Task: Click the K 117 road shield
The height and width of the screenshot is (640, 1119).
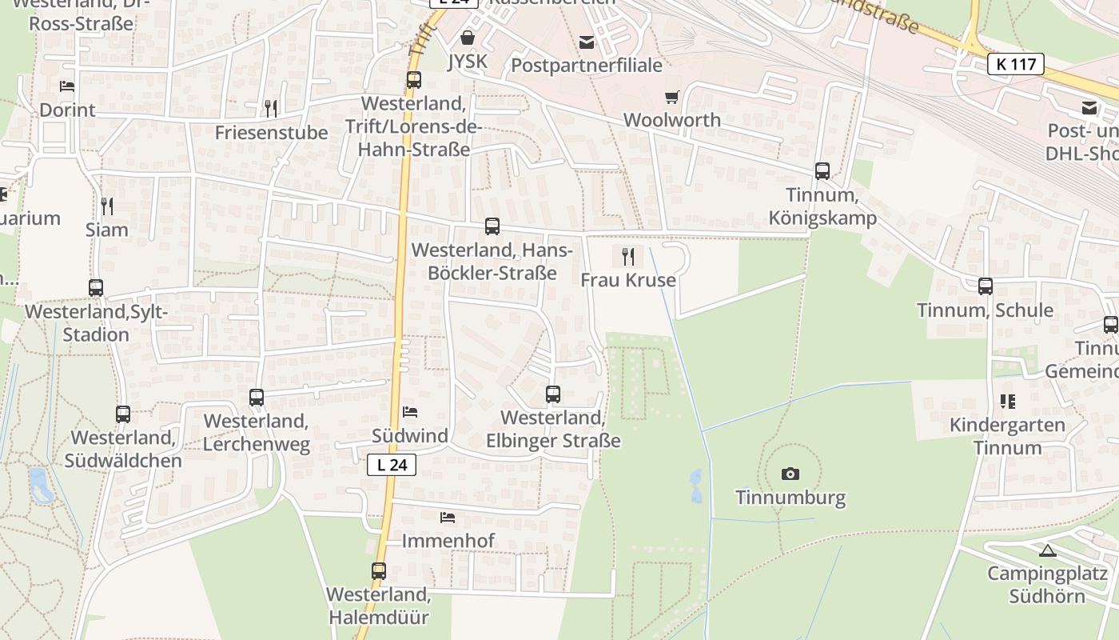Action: pyautogui.click(x=1016, y=64)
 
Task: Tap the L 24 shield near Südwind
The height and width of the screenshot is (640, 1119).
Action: pyautogui.click(x=392, y=464)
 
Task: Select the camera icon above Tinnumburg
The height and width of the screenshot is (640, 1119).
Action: pyautogui.click(x=790, y=474)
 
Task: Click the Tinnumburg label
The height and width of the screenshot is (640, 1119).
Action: pyautogui.click(x=790, y=498)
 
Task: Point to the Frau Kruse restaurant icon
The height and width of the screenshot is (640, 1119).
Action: pyautogui.click(x=628, y=256)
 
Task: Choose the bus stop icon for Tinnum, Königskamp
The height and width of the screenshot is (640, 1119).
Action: pyautogui.click(x=822, y=170)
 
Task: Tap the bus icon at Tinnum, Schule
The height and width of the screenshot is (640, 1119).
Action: pyautogui.click(x=986, y=286)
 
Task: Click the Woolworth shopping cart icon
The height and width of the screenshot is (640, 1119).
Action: pyautogui.click(x=671, y=97)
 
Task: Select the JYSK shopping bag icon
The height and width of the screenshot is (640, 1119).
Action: pyautogui.click(x=468, y=38)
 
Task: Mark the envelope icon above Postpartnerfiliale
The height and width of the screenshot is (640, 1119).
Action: pyautogui.click(x=587, y=42)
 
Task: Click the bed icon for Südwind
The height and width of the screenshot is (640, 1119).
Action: pyautogui.click(x=410, y=412)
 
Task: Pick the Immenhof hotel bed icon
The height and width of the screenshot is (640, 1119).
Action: pyautogui.click(x=448, y=518)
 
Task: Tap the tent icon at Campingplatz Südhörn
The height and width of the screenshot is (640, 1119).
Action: pyautogui.click(x=1048, y=550)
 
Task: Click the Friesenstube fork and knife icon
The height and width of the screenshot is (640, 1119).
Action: pyautogui.click(x=271, y=108)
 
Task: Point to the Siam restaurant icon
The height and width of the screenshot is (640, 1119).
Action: pyautogui.click(x=107, y=206)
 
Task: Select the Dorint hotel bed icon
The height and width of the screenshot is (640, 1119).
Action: pyautogui.click(x=67, y=86)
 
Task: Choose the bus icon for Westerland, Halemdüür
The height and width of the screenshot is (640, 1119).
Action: pyautogui.click(x=379, y=571)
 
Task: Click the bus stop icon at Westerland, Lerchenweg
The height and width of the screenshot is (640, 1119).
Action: pyautogui.click(x=257, y=397)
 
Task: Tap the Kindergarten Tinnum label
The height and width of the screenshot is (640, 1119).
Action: pyautogui.click(x=1007, y=436)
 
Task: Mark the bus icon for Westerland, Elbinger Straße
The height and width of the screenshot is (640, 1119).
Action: pyautogui.click(x=553, y=394)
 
